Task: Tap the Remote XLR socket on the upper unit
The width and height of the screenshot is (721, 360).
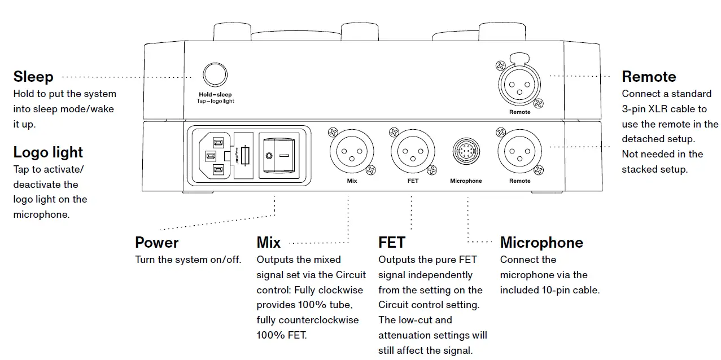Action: [x=519, y=86]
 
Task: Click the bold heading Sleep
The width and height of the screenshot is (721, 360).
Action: [x=33, y=77]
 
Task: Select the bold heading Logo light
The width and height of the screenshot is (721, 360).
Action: [x=48, y=152]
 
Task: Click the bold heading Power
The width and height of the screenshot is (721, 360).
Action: [x=156, y=243]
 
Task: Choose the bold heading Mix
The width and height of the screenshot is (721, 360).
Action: [x=269, y=243]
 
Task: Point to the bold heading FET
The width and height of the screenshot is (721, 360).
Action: [x=392, y=243]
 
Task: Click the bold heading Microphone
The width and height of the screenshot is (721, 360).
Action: [x=541, y=243]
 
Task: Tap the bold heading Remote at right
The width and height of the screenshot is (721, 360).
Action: [x=649, y=77]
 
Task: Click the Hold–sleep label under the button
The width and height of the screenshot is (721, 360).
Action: [x=215, y=95]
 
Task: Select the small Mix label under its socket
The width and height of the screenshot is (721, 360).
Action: [x=352, y=181]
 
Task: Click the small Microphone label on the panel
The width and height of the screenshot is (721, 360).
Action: [x=466, y=181]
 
